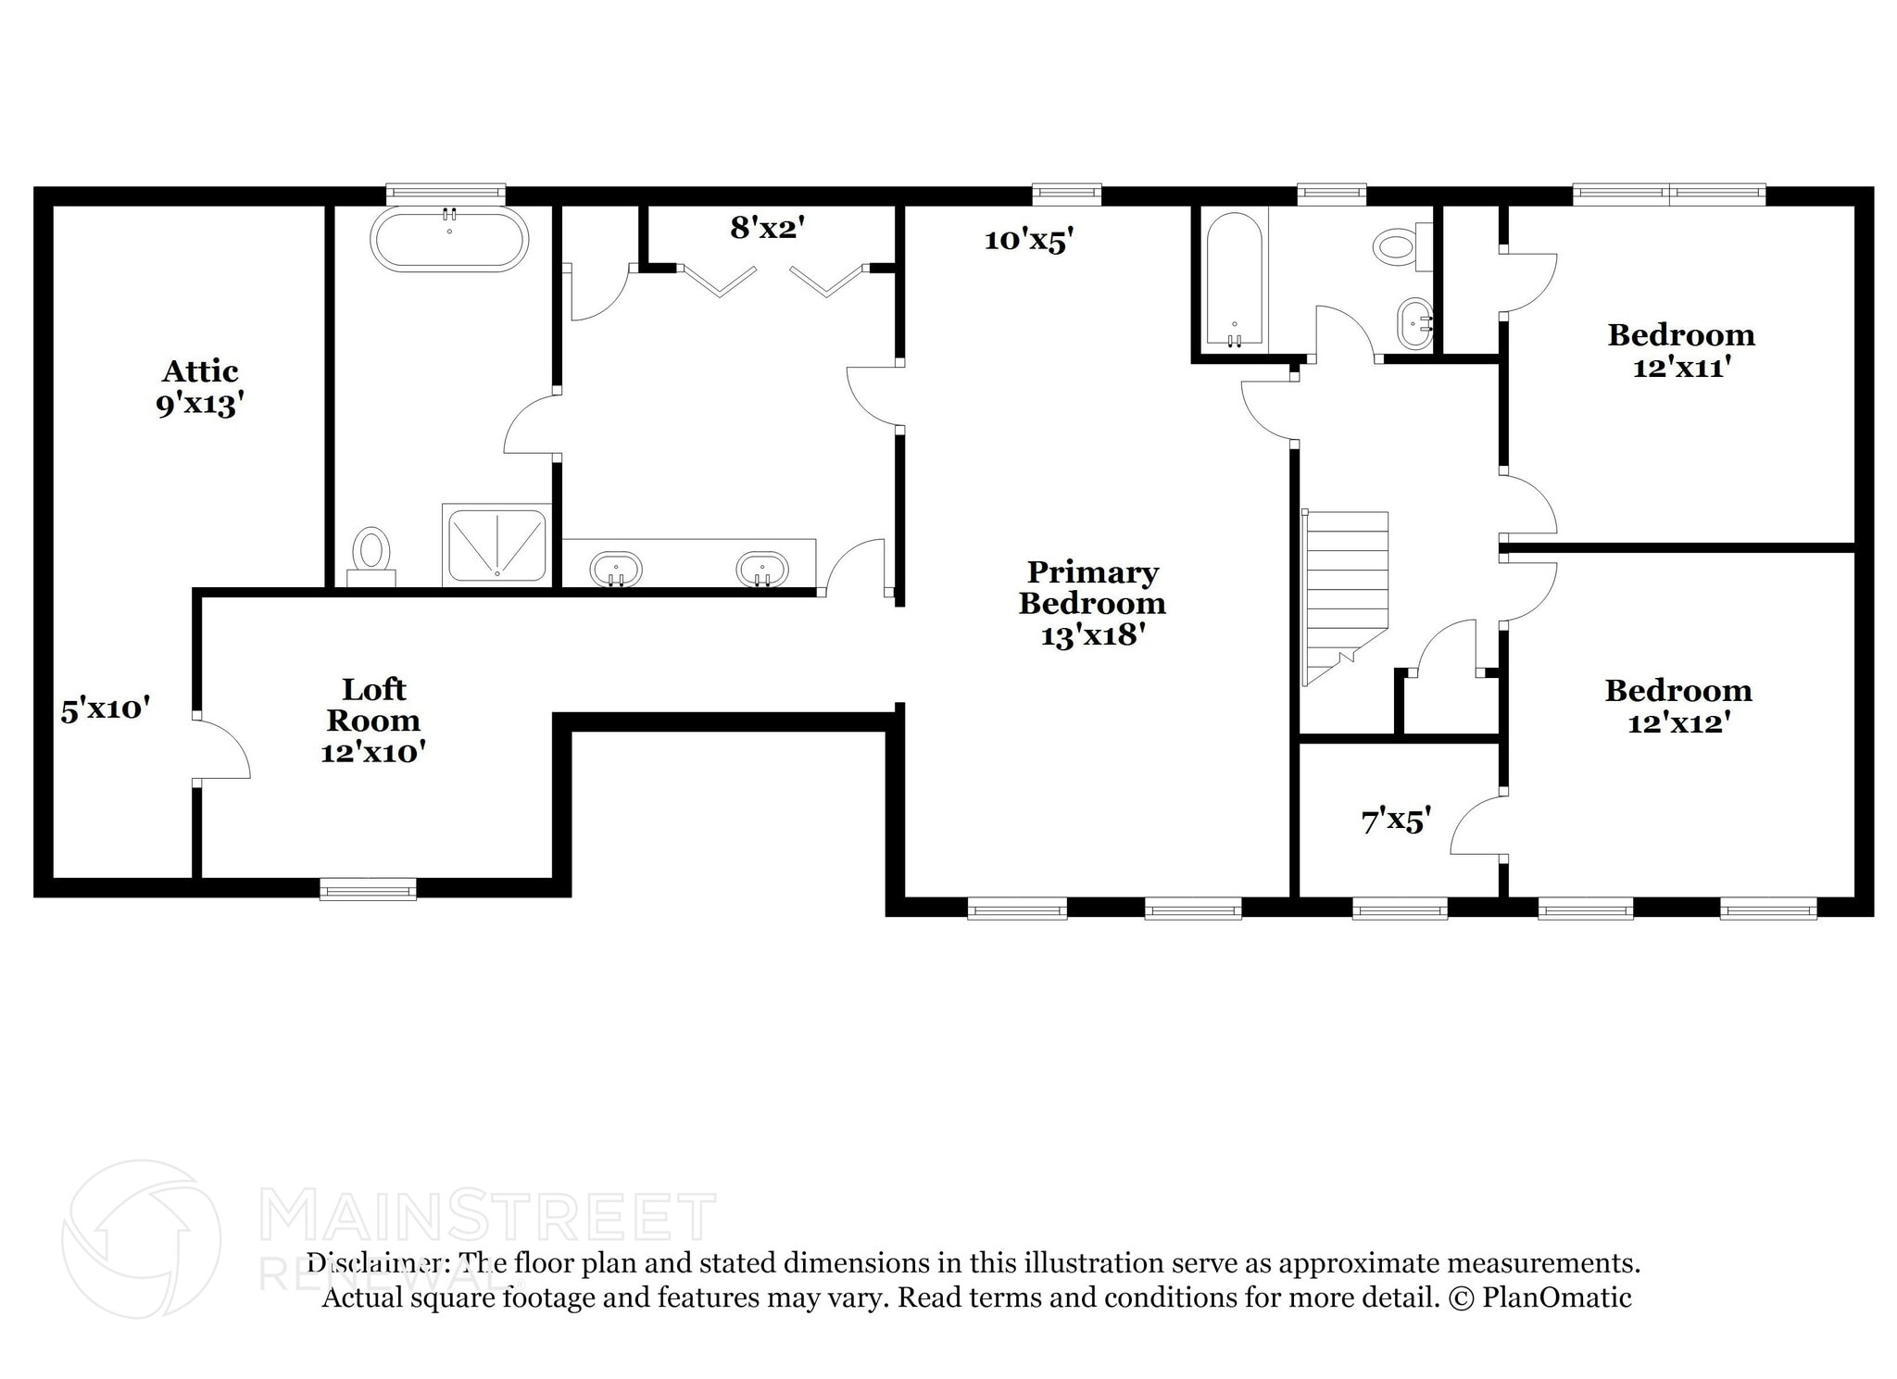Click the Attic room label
200,371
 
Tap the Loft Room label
373,705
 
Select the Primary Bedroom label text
1092,588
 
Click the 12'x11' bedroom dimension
1681,368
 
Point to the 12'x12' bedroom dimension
1678,722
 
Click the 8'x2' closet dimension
764,228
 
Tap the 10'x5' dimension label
1028,241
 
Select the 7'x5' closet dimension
1396,821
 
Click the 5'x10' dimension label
106,710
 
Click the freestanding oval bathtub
449,239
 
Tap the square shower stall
496,545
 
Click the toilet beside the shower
371,553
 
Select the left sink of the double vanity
615,569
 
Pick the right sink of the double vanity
761,569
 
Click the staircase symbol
1345,593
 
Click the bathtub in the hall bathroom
1234,280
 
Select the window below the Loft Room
368,889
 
